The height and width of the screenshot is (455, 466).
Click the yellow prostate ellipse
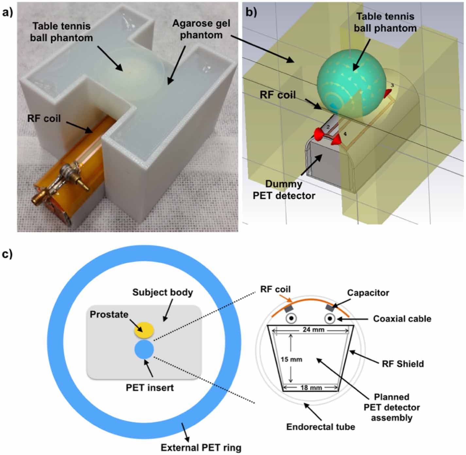point(144,330)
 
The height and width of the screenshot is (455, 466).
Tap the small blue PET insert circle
point(144,349)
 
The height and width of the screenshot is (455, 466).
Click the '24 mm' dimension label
point(313,330)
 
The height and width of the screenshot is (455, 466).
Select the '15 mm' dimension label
point(291,359)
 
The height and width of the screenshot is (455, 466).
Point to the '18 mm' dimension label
point(311,388)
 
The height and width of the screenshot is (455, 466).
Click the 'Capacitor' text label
point(368,293)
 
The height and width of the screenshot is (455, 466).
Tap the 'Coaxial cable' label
point(402,319)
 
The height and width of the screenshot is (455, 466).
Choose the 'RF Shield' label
point(403,364)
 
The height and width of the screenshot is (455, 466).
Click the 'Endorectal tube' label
point(320,427)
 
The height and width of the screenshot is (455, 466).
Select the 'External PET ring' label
point(201,447)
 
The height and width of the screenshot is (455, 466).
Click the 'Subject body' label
point(163,292)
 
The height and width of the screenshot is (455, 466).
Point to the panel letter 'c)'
point(7,254)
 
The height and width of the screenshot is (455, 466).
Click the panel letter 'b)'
point(251,12)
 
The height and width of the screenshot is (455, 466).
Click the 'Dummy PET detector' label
point(284,190)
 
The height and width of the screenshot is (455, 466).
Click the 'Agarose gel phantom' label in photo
point(201,29)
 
